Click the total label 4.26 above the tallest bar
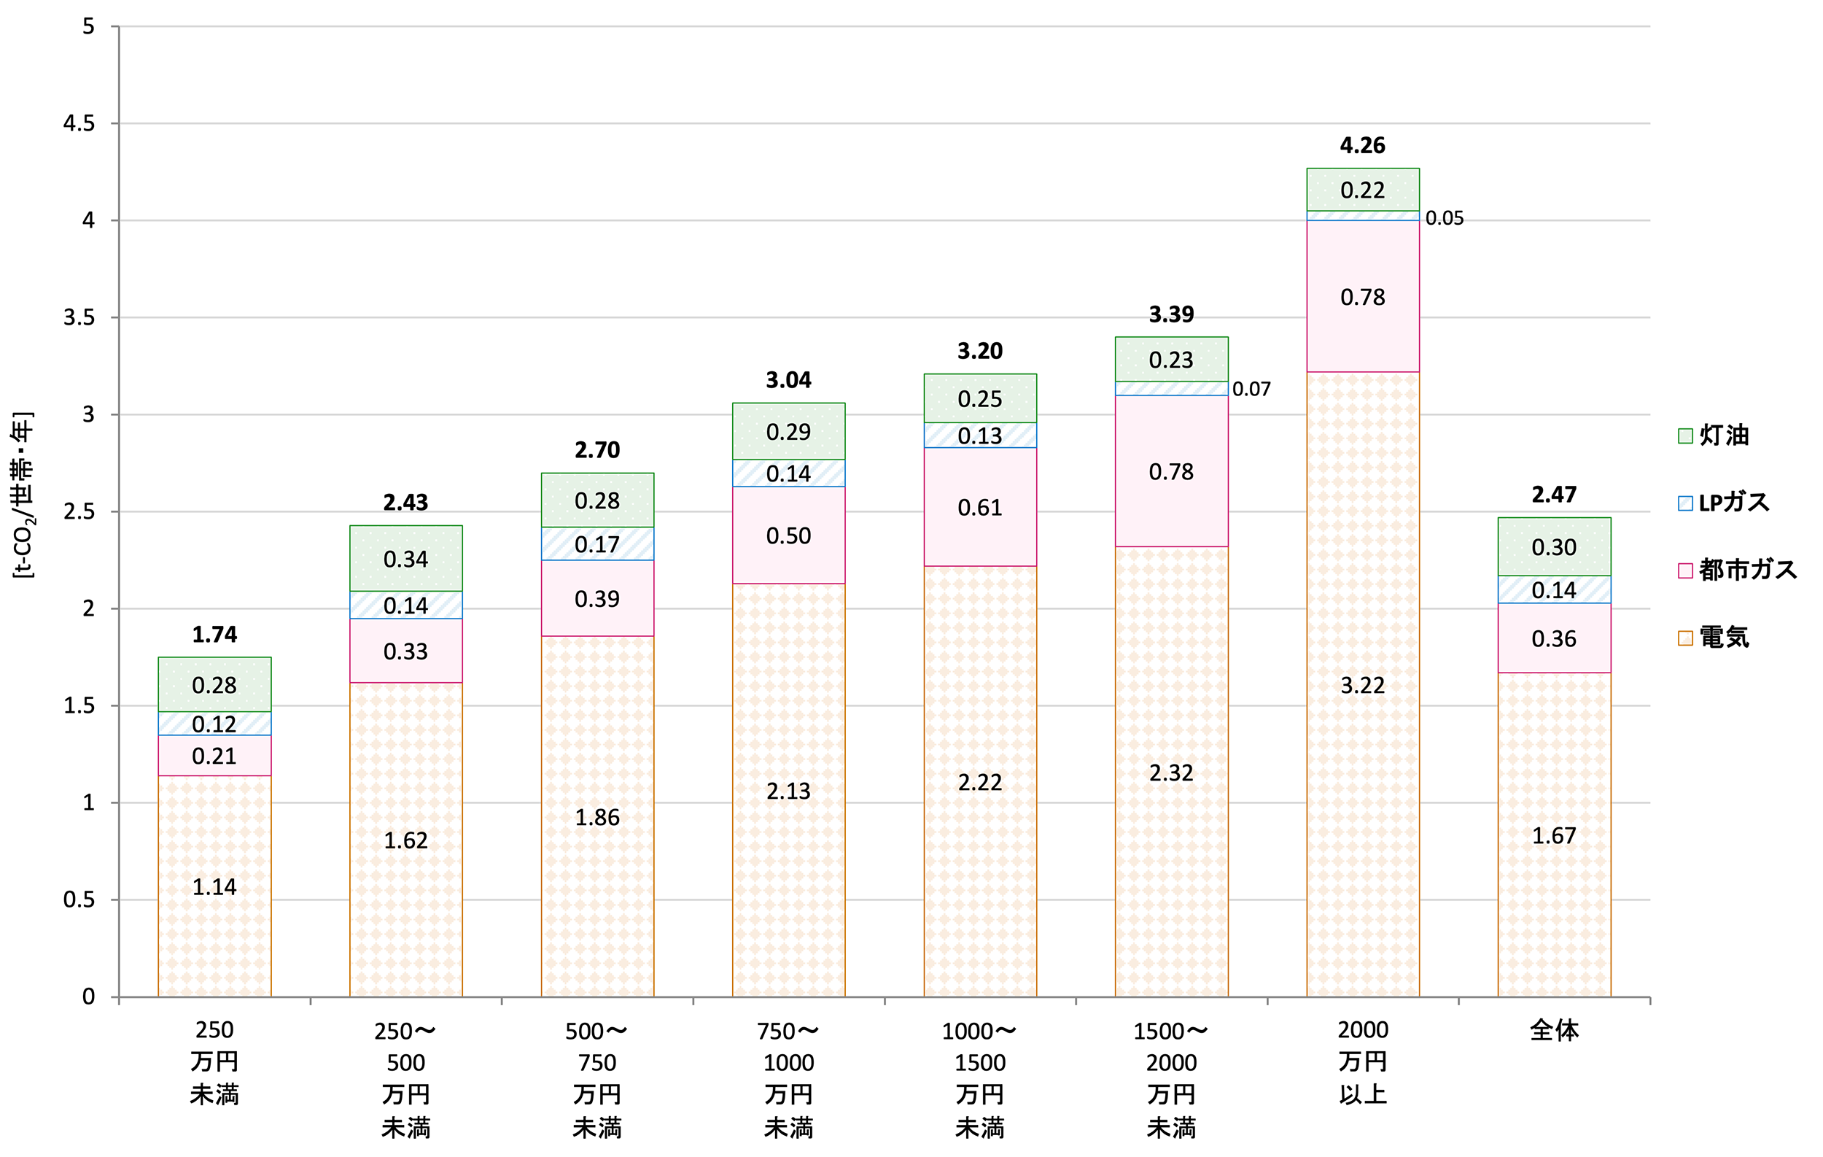tap(1362, 145)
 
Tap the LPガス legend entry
tap(1724, 503)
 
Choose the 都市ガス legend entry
tap(1738, 570)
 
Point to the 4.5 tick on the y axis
tap(79, 123)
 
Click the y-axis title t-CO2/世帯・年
tap(23, 495)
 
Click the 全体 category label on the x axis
tap(1553, 1031)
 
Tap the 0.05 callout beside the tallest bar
tap(1444, 219)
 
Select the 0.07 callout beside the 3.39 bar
tap(1251, 390)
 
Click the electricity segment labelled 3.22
tap(1362, 685)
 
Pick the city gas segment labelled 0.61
tap(979, 507)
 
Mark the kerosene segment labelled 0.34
tap(405, 559)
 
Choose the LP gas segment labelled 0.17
tap(596, 544)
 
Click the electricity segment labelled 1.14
tap(214, 886)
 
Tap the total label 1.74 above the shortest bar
tap(214, 635)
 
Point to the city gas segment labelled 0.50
tap(788, 535)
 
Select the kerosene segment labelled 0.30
tap(1553, 546)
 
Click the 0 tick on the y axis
tap(88, 997)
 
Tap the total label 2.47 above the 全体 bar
tap(1553, 495)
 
